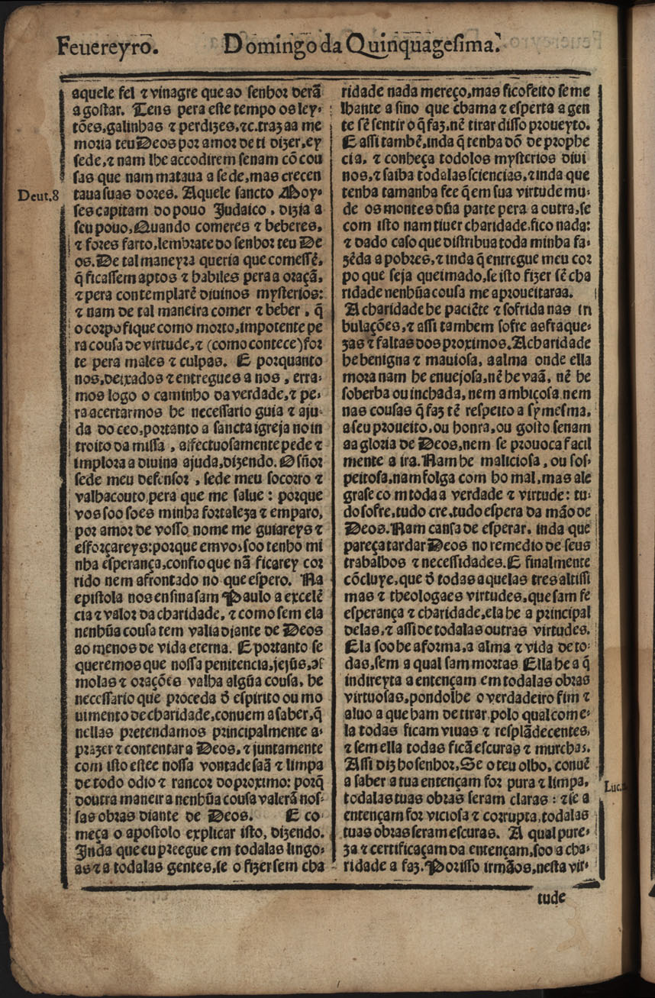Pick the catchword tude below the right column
[x=551, y=898]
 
